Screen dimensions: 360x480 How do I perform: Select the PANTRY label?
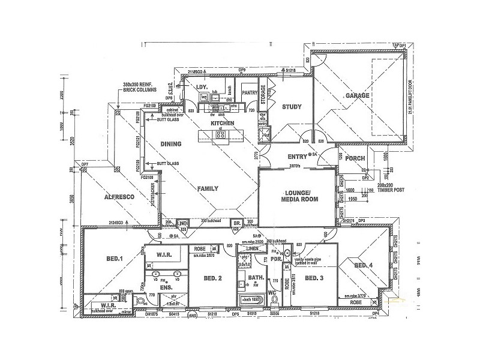pos(249,93)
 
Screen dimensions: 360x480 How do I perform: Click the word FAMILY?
pos(208,188)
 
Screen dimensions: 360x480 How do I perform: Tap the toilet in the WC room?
pos(273,304)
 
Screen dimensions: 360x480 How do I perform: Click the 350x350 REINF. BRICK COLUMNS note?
pos(139,87)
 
